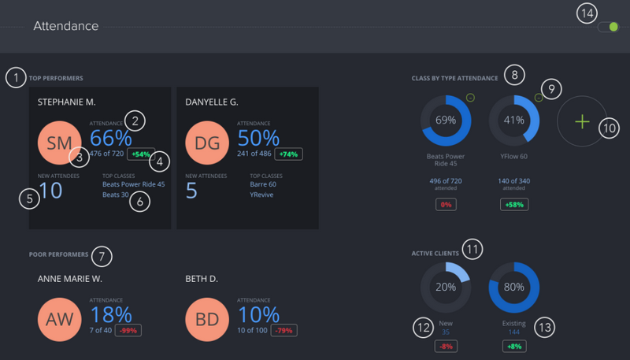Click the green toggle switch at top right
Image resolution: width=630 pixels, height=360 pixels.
(x=608, y=27)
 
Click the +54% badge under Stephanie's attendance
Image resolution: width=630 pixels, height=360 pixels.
(x=141, y=154)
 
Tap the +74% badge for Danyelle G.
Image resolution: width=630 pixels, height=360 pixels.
(x=288, y=154)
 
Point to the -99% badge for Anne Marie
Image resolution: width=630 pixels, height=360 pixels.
(x=129, y=331)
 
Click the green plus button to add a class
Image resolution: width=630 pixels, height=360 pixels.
(x=581, y=121)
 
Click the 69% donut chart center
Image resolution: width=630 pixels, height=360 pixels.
(x=446, y=121)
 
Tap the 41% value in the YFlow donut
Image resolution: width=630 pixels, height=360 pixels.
(x=513, y=121)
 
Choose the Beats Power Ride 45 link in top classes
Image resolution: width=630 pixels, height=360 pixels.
(x=134, y=184)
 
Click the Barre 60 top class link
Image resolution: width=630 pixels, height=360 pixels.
(x=264, y=184)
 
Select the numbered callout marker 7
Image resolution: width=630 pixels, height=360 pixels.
(x=102, y=256)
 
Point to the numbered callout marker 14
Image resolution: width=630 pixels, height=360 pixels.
(x=587, y=13)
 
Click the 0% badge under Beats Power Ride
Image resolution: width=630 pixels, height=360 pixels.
(x=446, y=205)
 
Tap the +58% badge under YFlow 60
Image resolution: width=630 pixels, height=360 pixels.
(x=513, y=205)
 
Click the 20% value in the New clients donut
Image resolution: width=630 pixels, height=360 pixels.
(x=446, y=287)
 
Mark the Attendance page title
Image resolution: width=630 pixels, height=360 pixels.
(x=66, y=27)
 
